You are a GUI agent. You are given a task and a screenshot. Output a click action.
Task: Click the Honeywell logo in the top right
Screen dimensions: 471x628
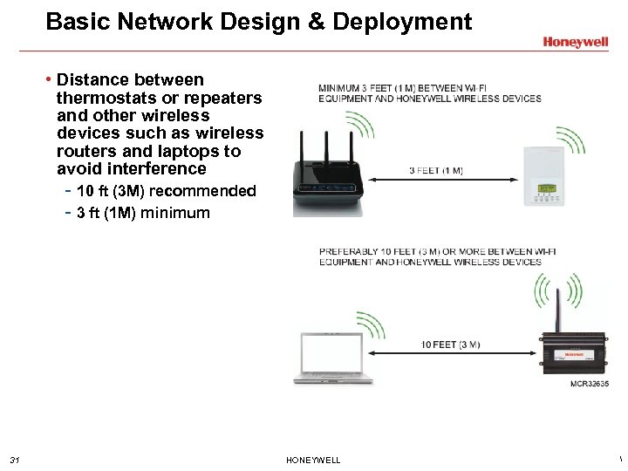[575, 41]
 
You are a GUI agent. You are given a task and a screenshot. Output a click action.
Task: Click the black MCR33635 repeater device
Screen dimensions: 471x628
[573, 354]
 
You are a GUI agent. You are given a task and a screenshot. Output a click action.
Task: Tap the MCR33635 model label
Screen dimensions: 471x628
[589, 384]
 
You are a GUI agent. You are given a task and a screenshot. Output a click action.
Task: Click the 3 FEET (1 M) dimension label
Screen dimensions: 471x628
[436, 171]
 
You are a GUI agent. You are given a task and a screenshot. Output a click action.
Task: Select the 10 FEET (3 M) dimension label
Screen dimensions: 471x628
[449, 345]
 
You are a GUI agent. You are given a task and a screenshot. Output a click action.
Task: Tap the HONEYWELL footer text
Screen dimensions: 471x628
[313, 460]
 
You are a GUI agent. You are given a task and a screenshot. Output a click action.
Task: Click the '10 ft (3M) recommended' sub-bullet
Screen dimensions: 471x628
[166, 191]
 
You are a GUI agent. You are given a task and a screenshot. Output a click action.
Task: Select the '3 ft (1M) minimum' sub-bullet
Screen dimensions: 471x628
[143, 212]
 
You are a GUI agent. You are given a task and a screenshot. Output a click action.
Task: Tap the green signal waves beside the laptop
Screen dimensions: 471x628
[370, 325]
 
